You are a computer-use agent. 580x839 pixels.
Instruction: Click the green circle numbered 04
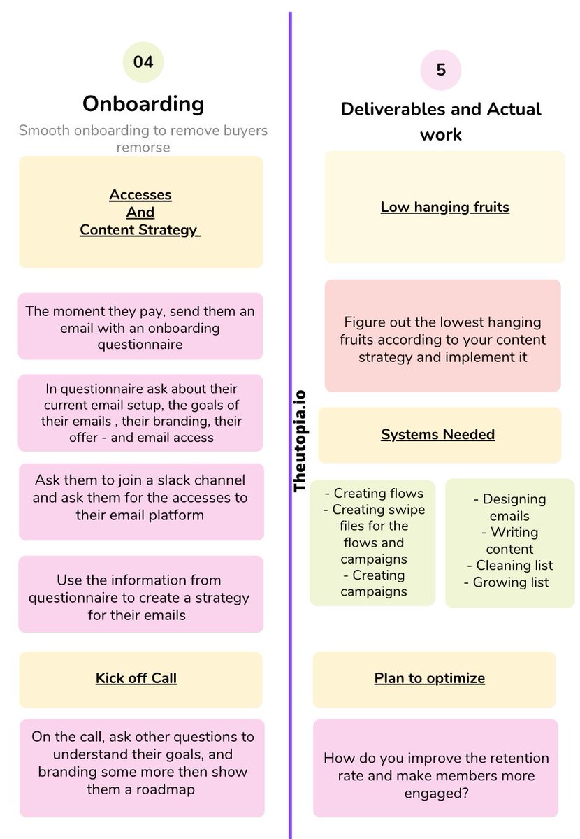(x=143, y=62)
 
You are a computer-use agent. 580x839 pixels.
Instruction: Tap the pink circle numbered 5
(x=441, y=71)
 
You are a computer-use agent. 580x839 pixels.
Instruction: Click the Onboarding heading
(x=143, y=103)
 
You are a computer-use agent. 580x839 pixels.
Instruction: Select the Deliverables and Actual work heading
(x=441, y=121)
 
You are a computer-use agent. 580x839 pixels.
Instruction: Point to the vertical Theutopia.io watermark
(x=301, y=441)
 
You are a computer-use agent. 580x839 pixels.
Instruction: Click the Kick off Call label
(x=136, y=677)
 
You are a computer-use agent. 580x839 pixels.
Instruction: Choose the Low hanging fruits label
(x=444, y=207)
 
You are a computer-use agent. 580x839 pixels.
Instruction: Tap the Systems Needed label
(x=437, y=434)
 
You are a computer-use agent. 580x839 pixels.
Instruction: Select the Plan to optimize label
(x=429, y=677)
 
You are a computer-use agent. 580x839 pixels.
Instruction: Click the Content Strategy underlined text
(x=140, y=229)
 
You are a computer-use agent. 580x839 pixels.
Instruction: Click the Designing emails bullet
(x=510, y=508)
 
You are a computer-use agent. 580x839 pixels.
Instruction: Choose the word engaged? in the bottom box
(x=435, y=793)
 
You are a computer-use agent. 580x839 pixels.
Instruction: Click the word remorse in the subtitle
(x=143, y=147)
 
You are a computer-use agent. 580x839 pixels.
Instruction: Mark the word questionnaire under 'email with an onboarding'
(x=140, y=345)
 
